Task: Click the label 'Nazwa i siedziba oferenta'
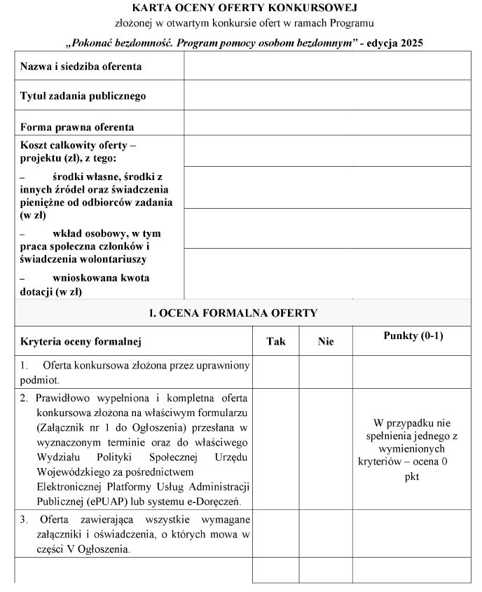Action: tap(81, 67)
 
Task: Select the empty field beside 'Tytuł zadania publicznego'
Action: tap(327, 95)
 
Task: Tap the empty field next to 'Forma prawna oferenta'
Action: tap(327, 123)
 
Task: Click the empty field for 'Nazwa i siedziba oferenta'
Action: tap(327, 66)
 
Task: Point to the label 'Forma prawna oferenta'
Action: tap(77, 128)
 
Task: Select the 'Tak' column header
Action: tap(276, 341)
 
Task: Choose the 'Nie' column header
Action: tap(326, 341)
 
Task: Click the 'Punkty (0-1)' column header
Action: tap(413, 336)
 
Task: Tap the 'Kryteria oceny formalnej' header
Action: tap(81, 342)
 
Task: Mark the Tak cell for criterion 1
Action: tap(276, 372)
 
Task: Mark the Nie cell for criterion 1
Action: tap(326, 372)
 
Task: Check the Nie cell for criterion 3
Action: tap(326, 535)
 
